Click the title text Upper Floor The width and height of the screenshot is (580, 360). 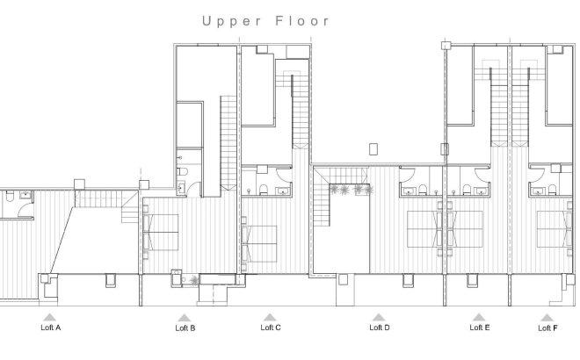(x=266, y=20)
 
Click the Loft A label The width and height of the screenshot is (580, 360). (x=51, y=328)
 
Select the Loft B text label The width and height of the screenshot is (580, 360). (x=185, y=328)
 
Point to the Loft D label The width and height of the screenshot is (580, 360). (x=379, y=328)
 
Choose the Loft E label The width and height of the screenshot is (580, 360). (x=480, y=328)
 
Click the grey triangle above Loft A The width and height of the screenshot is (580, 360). (x=51, y=316)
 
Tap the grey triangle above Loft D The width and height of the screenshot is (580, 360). (x=378, y=316)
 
